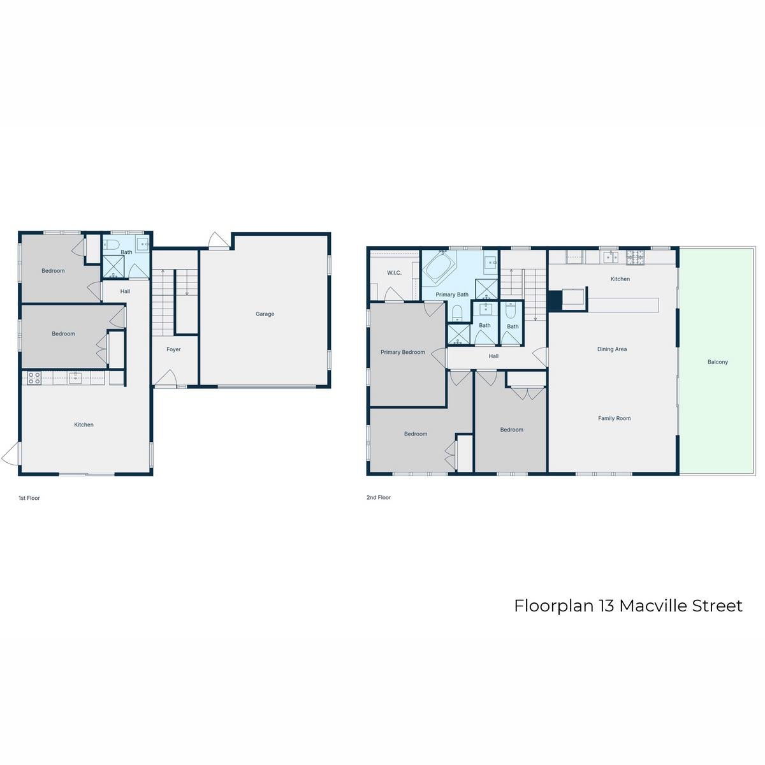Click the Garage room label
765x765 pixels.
(265, 314)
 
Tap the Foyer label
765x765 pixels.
(173, 349)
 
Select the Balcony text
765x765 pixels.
(717, 362)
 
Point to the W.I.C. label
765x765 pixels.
(394, 273)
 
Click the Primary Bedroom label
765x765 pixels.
(402, 352)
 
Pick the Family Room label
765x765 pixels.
(614, 418)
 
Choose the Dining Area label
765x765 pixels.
(612, 349)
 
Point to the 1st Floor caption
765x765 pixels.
(29, 498)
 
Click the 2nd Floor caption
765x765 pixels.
(379, 497)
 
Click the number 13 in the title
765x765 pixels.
(608, 606)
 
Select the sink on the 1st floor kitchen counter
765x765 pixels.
(75, 377)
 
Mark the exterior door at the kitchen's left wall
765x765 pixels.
(11, 453)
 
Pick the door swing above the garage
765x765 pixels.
(219, 240)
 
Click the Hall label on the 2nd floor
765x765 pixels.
(493, 356)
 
